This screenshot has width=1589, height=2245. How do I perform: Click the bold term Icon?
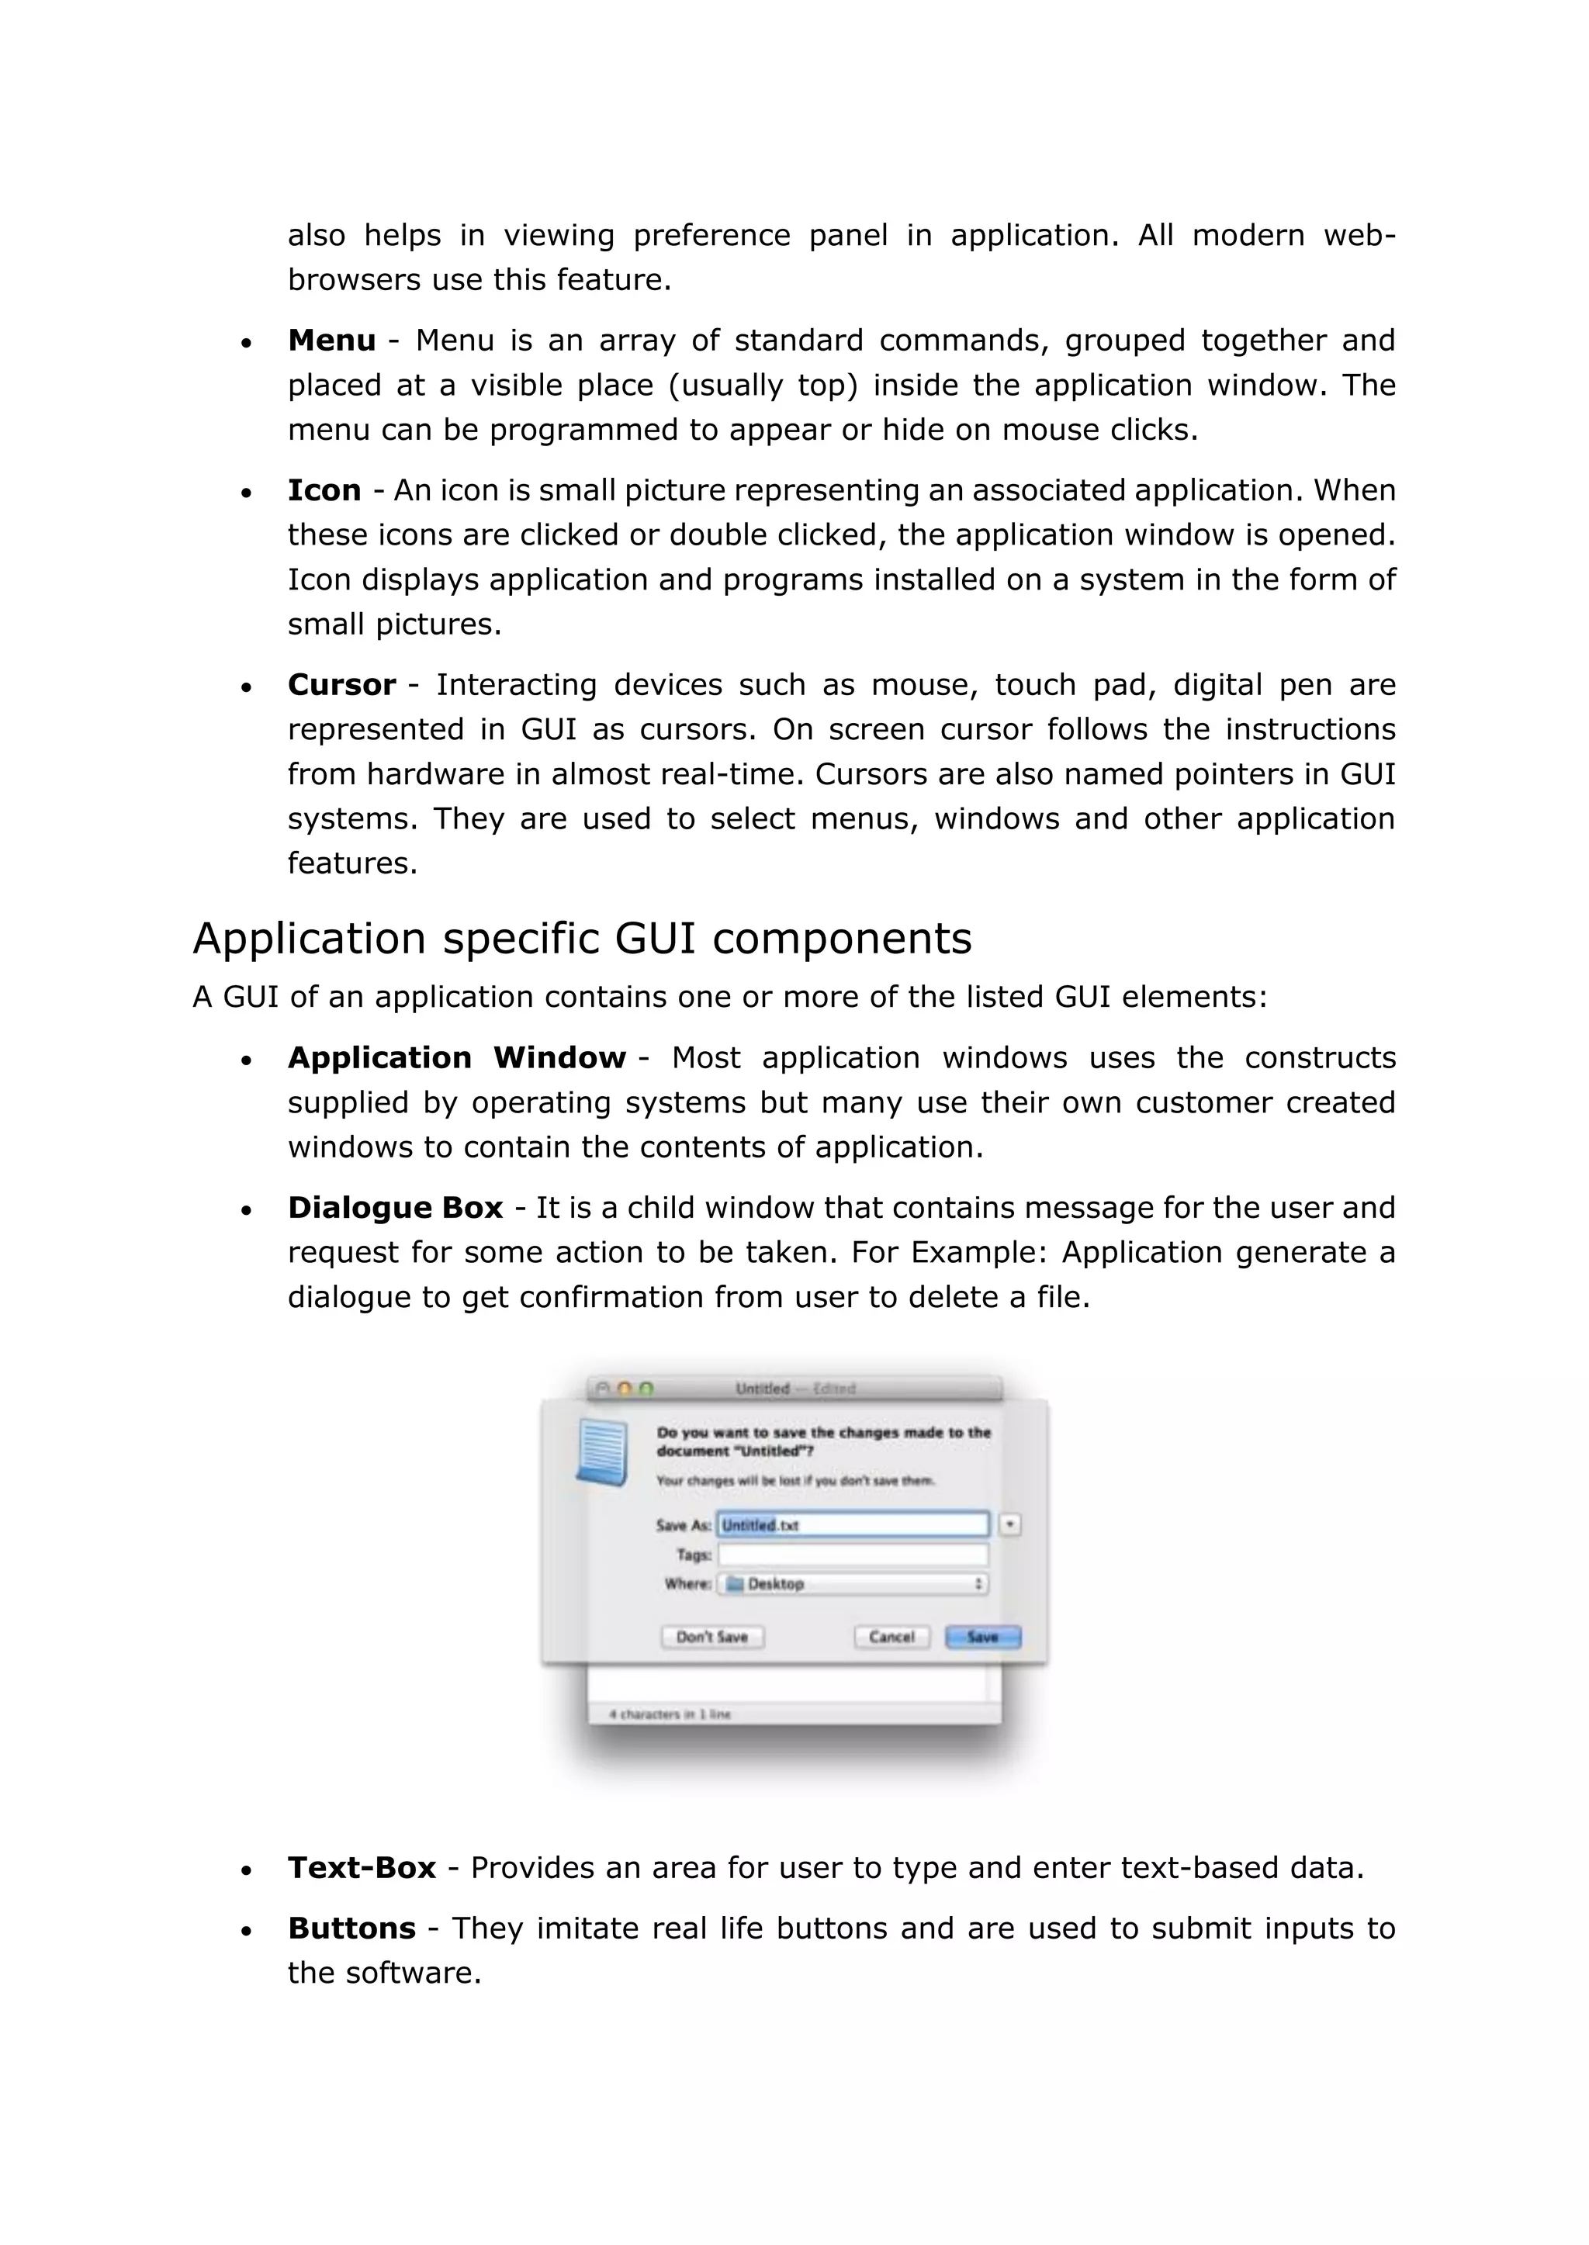pyautogui.click(x=324, y=490)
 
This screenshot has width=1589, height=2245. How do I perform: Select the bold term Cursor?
pyautogui.click(x=341, y=685)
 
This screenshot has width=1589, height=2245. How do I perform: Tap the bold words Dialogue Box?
pyautogui.click(x=394, y=1208)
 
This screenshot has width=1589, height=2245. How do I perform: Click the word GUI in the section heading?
pyautogui.click(x=655, y=939)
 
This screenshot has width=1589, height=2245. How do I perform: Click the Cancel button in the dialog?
pyautogui.click(x=891, y=1638)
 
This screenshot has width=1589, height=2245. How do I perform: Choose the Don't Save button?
pyautogui.click(x=712, y=1638)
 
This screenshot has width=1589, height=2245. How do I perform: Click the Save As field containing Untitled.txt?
pyautogui.click(x=852, y=1525)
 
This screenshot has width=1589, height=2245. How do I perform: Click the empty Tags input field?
pyautogui.click(x=852, y=1555)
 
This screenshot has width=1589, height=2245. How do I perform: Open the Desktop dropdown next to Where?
pyautogui.click(x=852, y=1584)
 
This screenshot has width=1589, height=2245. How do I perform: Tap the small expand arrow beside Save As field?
pyautogui.click(x=1009, y=1525)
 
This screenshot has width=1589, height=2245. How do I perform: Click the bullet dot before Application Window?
pyautogui.click(x=247, y=1060)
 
